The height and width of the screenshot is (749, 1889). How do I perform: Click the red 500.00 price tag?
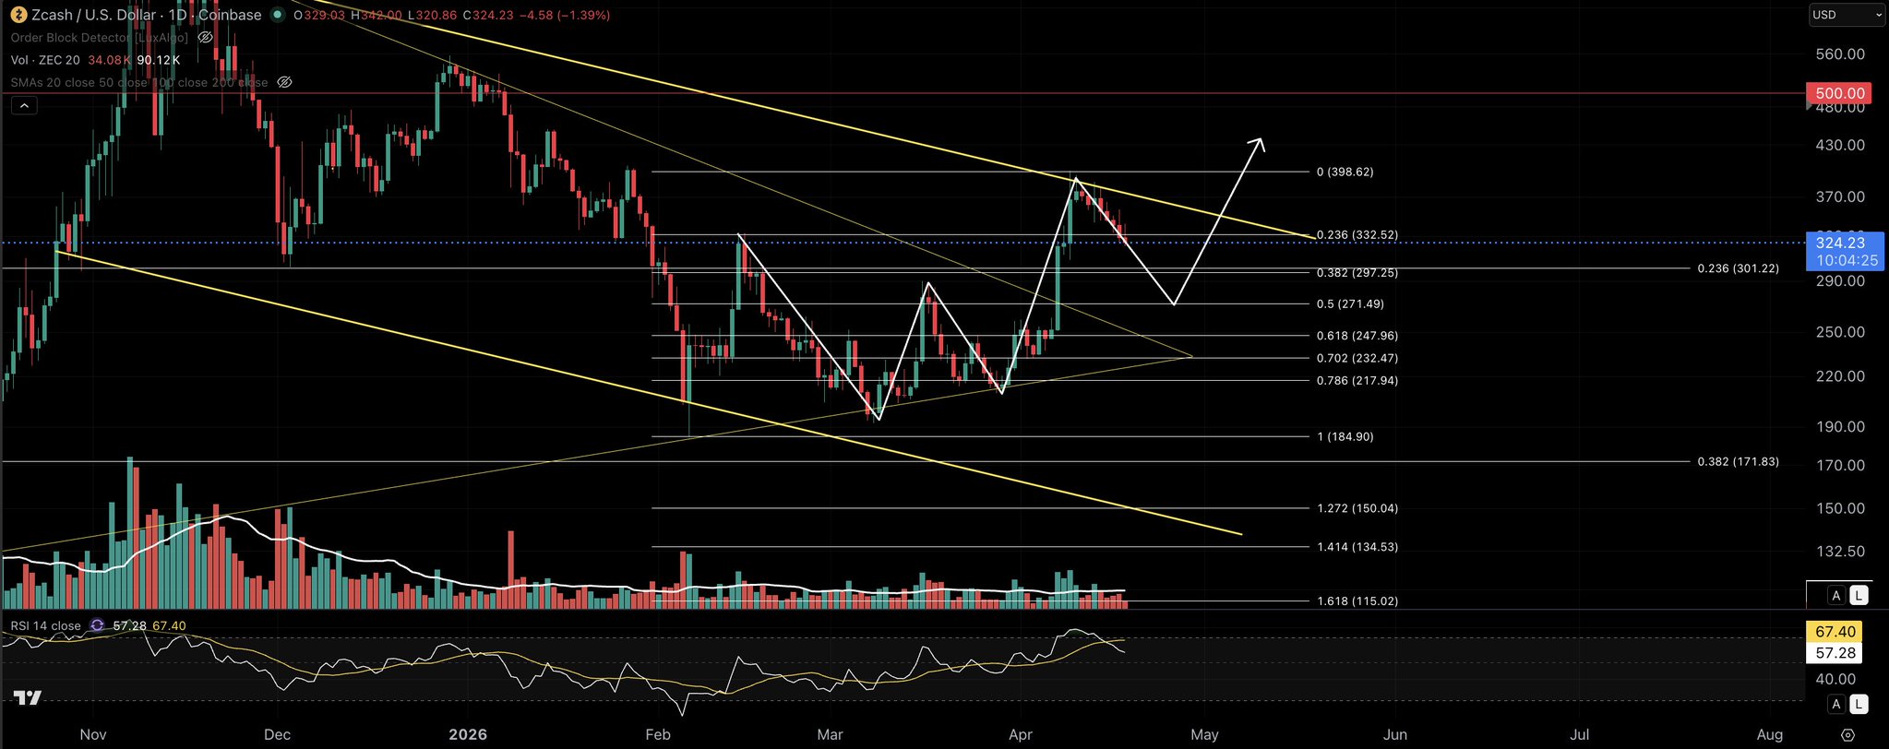[1840, 93]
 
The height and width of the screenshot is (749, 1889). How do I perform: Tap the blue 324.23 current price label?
[1840, 244]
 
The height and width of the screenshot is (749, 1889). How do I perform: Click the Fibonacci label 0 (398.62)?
[1345, 172]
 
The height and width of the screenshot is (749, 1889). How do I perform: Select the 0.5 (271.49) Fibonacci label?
[1350, 304]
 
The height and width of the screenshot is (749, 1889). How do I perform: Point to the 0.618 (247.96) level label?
[1357, 337]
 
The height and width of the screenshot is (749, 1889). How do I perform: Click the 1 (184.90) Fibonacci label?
[1345, 437]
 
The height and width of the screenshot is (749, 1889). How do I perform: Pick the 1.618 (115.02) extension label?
[1357, 601]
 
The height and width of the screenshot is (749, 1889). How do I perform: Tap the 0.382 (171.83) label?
[1738, 462]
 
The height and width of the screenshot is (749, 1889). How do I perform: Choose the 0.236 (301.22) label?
[1738, 268]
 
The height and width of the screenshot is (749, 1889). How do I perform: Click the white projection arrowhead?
[1258, 142]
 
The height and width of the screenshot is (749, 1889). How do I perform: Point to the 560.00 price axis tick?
[1840, 54]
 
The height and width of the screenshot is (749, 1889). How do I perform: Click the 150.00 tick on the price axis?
[1840, 509]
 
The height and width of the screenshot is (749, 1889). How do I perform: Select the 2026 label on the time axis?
[467, 735]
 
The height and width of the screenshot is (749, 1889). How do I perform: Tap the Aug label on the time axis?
[1770, 735]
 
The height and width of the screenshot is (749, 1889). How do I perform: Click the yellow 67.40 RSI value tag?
[1835, 632]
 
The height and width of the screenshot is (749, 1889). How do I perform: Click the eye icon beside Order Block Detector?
[206, 38]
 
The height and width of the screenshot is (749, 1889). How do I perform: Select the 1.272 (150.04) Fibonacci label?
[1357, 509]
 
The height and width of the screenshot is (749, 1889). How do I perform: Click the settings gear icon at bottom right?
[1847, 735]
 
